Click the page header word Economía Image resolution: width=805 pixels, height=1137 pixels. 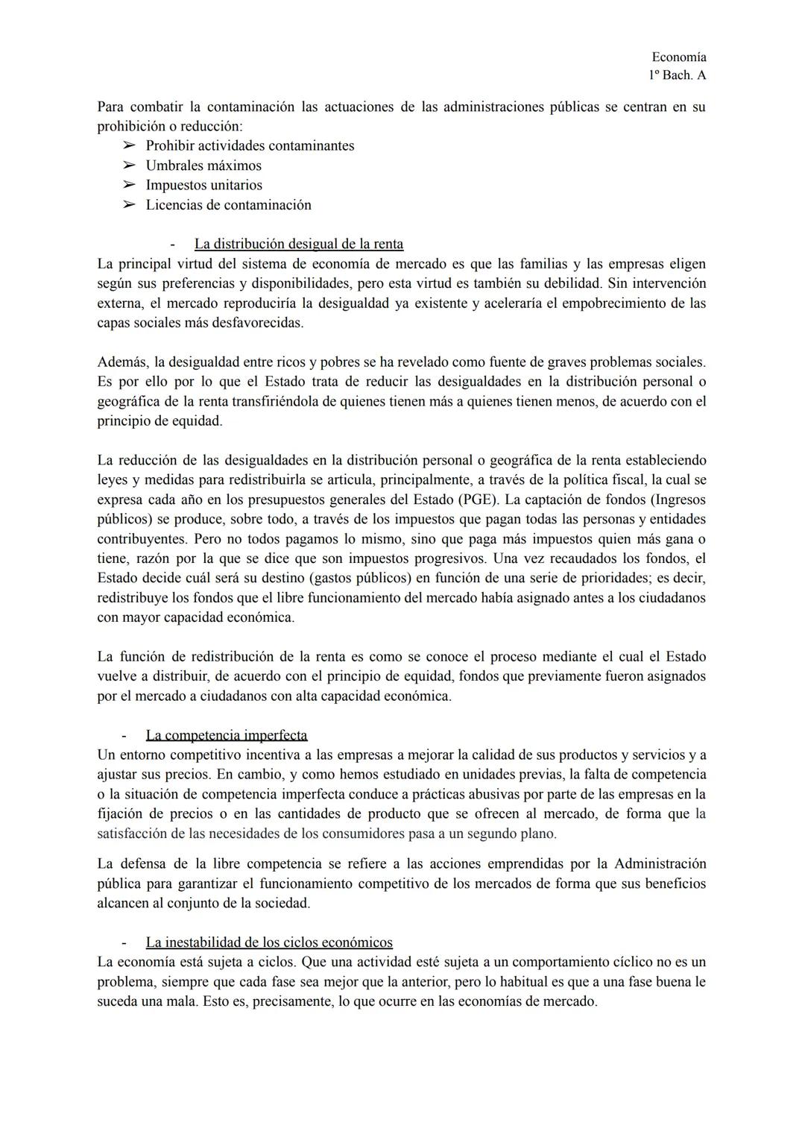(678, 57)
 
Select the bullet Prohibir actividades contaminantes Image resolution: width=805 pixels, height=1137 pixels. (250, 145)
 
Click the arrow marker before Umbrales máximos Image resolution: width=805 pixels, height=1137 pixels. (129, 166)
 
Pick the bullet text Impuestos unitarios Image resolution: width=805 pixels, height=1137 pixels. (203, 185)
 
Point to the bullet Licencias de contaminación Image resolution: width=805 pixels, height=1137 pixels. (228, 205)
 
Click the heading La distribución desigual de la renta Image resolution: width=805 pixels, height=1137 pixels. (298, 244)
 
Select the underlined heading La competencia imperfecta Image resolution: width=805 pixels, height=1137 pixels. (227, 735)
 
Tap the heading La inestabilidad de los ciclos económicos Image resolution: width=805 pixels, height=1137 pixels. (269, 942)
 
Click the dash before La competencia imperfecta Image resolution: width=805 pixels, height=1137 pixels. (124, 735)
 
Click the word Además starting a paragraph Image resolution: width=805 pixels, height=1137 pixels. (122, 362)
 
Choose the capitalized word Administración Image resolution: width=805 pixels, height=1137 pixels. (660, 864)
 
